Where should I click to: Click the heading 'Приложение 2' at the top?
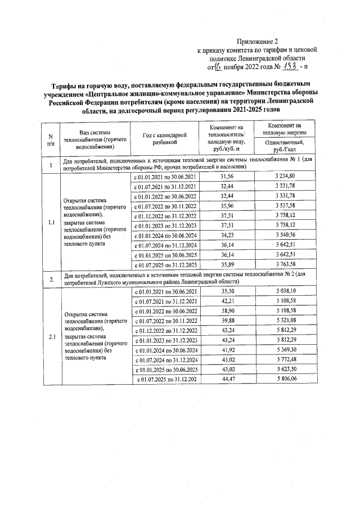pyautogui.click(x=257, y=41)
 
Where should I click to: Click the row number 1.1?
pyautogui.click(x=51, y=221)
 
